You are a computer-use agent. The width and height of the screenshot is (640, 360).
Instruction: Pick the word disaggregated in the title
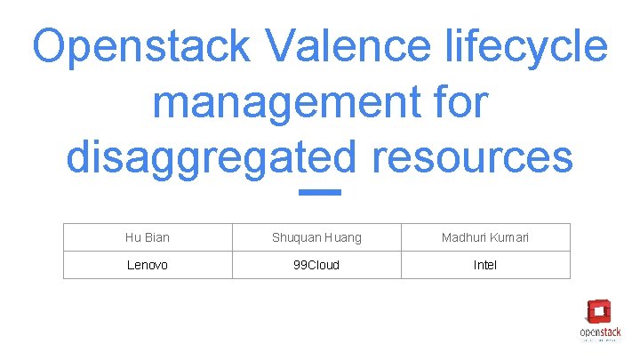click(x=212, y=158)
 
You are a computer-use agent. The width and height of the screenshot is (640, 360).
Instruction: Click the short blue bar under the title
click(x=320, y=192)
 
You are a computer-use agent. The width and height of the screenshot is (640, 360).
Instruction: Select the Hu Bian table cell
click(x=148, y=237)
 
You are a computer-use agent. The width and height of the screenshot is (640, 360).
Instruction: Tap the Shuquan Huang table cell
click(x=316, y=237)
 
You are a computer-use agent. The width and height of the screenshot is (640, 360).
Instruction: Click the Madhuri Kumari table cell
click(x=485, y=237)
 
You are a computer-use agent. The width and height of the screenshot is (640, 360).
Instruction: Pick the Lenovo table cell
click(x=148, y=265)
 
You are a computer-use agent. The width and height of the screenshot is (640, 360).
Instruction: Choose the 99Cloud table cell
click(x=316, y=265)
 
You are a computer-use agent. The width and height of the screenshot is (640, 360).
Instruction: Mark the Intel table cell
click(x=485, y=265)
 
